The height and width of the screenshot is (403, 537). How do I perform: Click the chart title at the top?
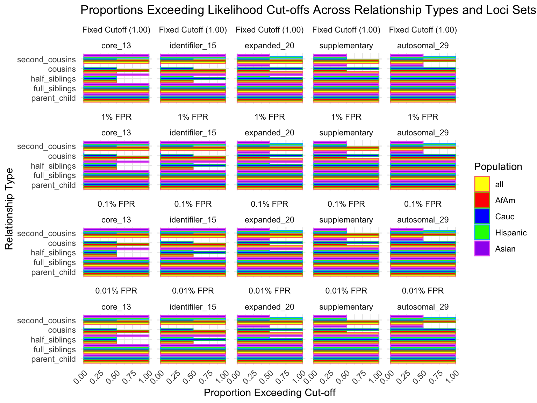click(x=308, y=10)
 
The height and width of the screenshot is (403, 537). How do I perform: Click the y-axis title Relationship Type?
click(x=9, y=209)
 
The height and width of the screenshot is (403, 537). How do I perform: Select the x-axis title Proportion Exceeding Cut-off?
click(x=270, y=393)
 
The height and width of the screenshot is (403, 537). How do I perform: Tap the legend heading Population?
click(x=498, y=167)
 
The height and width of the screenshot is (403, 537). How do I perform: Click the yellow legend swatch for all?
click(x=482, y=184)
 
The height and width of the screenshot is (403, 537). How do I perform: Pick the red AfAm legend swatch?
click(x=482, y=200)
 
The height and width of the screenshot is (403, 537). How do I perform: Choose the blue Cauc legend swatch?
click(x=482, y=216)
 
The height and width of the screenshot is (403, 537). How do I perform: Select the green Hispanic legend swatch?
click(x=482, y=232)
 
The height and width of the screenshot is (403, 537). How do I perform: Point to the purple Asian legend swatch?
click(x=482, y=248)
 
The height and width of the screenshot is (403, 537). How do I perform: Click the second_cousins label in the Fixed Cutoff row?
click(x=46, y=59)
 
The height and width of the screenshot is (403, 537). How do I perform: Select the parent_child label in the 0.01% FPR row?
click(x=53, y=359)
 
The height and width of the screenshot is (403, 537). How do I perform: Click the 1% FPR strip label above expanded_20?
click(x=270, y=117)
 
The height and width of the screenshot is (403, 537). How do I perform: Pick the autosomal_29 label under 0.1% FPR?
click(x=423, y=220)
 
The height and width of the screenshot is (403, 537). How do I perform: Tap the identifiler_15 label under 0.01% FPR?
click(x=193, y=307)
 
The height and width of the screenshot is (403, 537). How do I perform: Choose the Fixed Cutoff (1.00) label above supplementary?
click(x=346, y=30)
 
